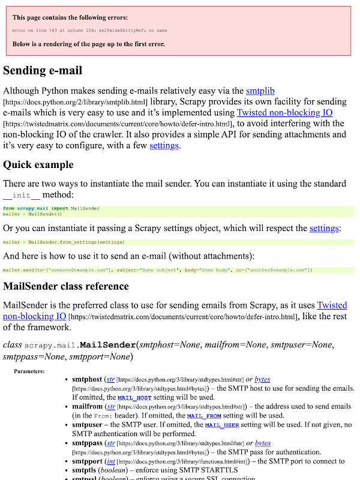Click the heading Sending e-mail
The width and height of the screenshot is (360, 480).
(43, 70)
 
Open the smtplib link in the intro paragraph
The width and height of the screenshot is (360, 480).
(260, 91)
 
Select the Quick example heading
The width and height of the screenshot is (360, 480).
(38, 164)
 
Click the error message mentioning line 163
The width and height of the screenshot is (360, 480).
(89, 30)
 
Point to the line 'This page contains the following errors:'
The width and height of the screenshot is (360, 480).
(70, 18)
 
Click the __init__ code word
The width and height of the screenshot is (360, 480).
(22, 196)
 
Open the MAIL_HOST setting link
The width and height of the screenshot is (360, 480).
(134, 398)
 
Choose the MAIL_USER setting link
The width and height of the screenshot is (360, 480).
(222, 425)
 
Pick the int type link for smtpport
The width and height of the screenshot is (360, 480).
(112, 461)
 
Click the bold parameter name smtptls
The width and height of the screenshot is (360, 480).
(88, 471)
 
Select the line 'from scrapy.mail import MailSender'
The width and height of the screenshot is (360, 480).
(51, 208)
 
